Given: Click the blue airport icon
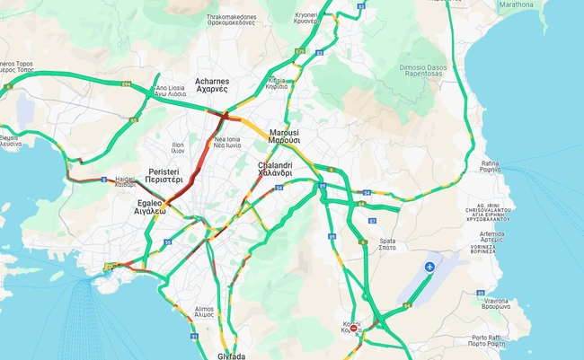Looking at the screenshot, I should [x=430, y=268].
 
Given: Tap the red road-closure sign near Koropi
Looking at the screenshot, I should [x=354, y=329].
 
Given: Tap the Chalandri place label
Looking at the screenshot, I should [x=275, y=170].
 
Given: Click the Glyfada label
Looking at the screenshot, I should [x=231, y=356].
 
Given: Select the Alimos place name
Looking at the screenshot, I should [x=204, y=312].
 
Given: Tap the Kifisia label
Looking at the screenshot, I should [x=277, y=83].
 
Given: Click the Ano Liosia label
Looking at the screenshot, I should [x=170, y=90].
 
